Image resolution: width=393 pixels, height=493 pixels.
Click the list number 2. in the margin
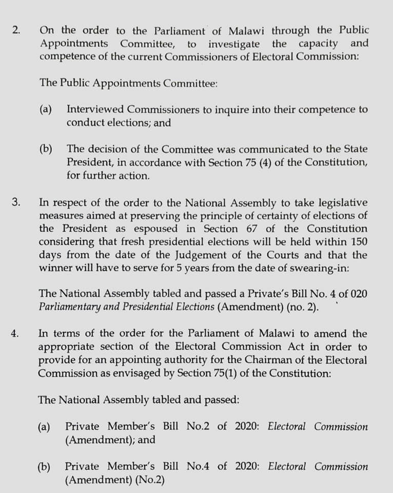click(16, 30)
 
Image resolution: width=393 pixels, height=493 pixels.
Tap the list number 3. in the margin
click(16, 201)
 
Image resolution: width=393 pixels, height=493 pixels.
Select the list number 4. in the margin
click(16, 333)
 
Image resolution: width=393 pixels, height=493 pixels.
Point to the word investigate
click(234, 44)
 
